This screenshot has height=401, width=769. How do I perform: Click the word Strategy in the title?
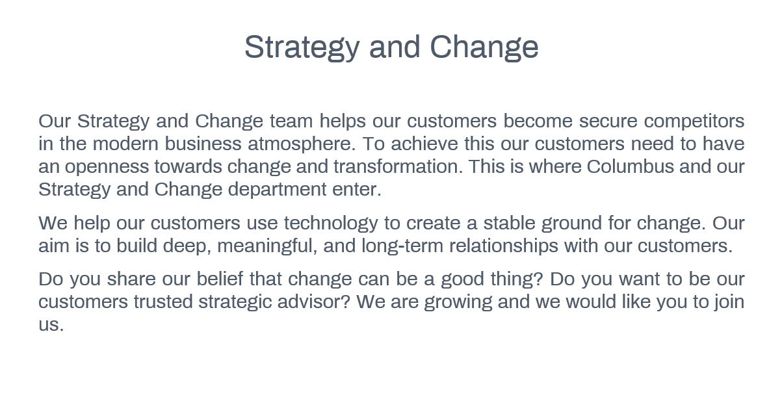(302, 48)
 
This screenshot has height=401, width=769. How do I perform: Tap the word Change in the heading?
(484, 48)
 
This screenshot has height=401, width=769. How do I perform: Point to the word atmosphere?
(302, 145)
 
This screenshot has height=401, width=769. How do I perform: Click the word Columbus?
(630, 166)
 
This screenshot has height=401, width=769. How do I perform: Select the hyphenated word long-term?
(402, 246)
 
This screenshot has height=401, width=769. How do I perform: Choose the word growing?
(458, 302)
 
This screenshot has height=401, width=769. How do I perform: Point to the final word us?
(51, 325)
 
